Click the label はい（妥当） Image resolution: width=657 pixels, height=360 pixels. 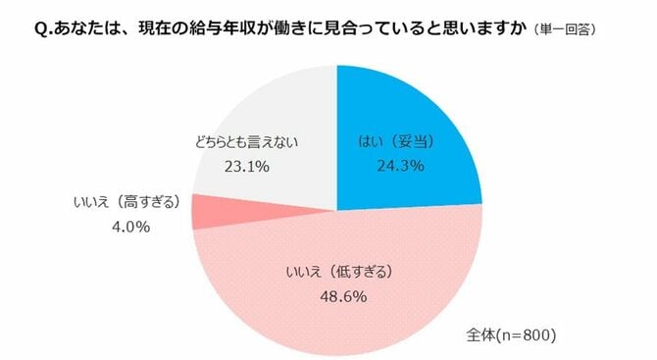(400, 142)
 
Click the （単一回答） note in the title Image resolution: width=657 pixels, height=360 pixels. (568, 30)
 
